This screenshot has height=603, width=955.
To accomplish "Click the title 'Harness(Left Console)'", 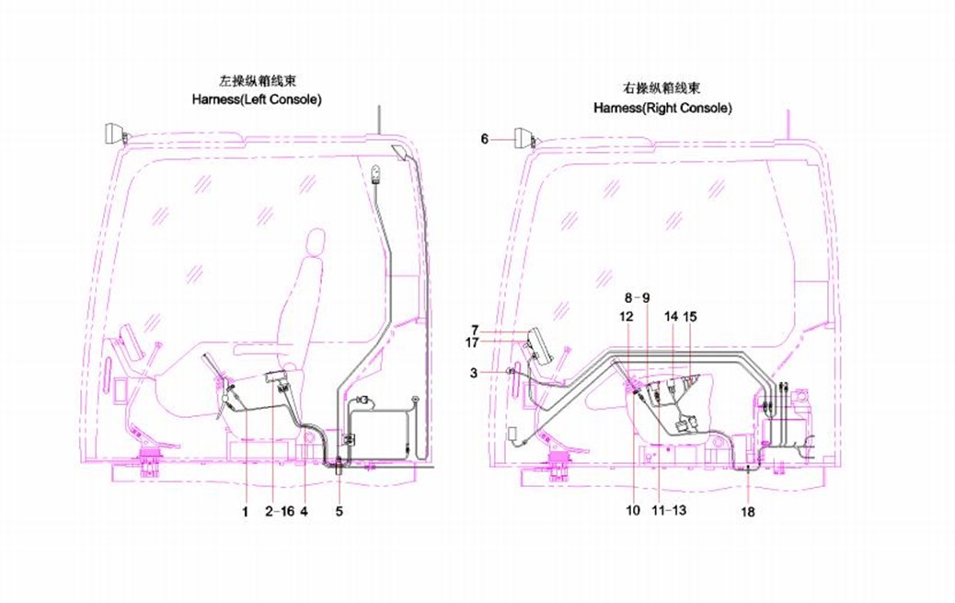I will (x=257, y=98).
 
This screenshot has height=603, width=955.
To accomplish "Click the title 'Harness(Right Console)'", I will (x=662, y=108).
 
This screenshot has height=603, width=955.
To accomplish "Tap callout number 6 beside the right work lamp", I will (x=485, y=139).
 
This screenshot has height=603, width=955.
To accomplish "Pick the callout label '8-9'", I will (x=638, y=297).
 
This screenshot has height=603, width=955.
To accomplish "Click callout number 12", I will (x=627, y=316).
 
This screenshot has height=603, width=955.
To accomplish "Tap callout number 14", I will (x=671, y=316).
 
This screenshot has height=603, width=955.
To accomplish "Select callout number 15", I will (x=690, y=316).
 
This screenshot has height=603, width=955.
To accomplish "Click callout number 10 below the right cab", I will (x=633, y=509).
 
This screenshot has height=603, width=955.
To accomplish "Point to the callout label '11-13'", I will (x=669, y=509).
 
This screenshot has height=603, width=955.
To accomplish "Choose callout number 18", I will (x=748, y=512).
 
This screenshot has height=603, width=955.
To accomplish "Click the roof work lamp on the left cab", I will (x=115, y=133).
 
